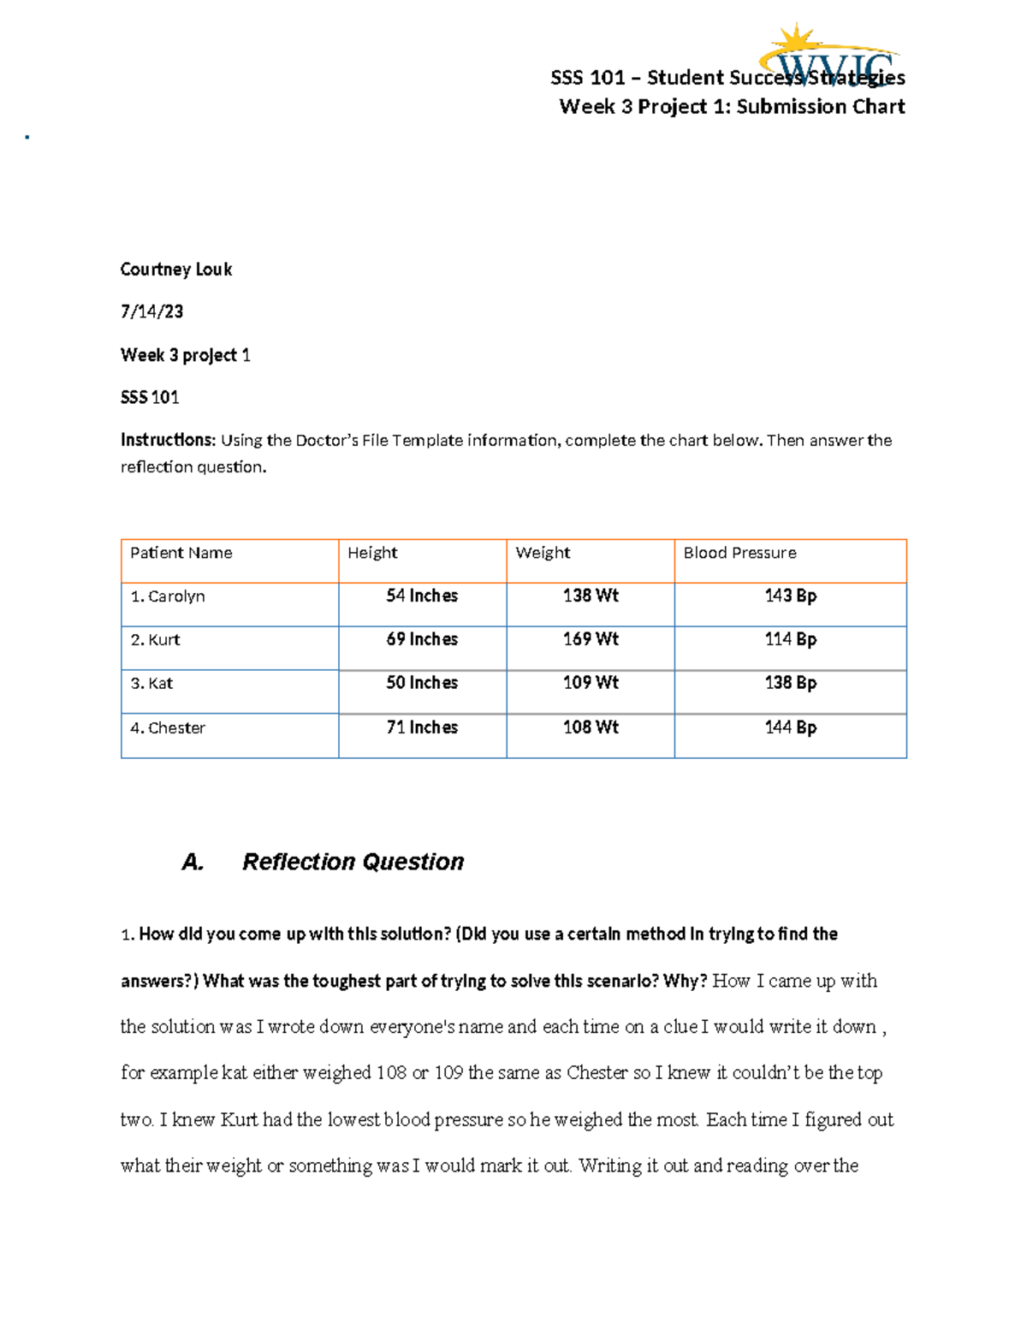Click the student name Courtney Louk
click(175, 270)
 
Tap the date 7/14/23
click(151, 311)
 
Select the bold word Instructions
click(168, 440)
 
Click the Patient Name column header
click(181, 553)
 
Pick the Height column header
click(372, 553)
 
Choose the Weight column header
click(543, 553)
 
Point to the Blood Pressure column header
click(739, 553)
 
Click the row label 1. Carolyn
click(168, 596)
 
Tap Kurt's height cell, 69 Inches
click(422, 639)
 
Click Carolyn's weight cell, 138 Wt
click(591, 596)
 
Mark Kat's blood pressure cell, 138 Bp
click(790, 683)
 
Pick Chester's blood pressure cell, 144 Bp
click(790, 727)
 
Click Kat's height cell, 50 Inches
click(422, 683)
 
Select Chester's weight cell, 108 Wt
click(591, 727)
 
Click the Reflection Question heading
click(353, 862)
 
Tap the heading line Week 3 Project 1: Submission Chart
click(732, 107)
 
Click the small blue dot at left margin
click(27, 137)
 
